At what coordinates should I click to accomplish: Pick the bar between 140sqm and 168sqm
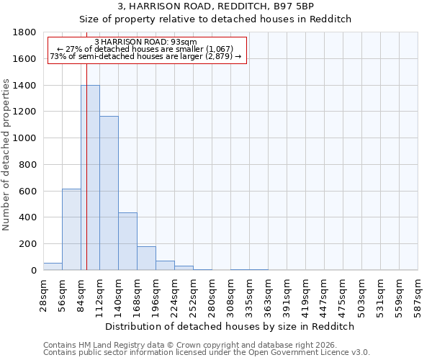point(127,241)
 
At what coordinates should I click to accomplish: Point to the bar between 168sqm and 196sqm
point(146,258)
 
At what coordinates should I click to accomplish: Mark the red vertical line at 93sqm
point(86,166)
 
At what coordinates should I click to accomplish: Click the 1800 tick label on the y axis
point(25,32)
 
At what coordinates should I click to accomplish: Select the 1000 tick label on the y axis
point(25,138)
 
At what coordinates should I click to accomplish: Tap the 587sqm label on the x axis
point(418,294)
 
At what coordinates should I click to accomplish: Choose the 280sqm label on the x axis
point(212,294)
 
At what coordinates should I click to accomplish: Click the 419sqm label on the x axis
point(305,294)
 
